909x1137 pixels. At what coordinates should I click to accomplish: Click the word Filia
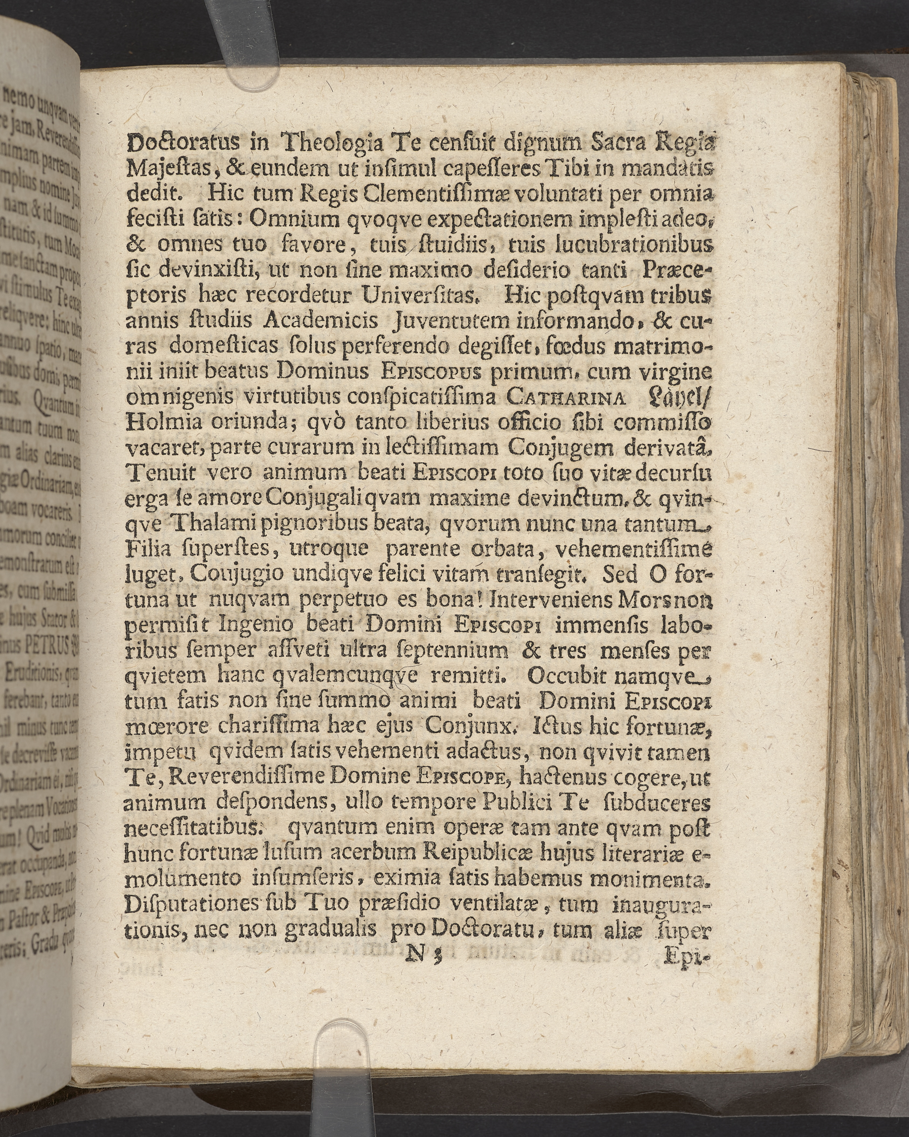tap(149, 550)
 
